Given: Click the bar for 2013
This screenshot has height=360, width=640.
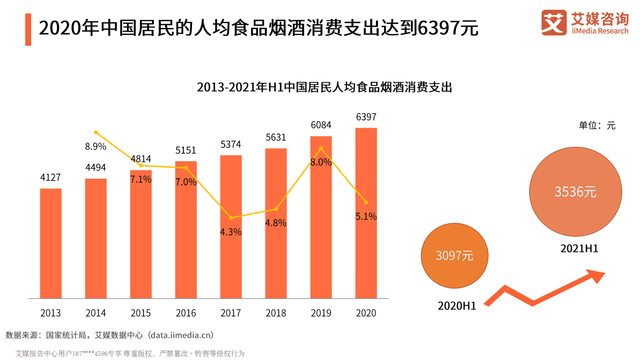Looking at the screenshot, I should point(51,243).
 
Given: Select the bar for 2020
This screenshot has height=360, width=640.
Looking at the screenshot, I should point(366,213).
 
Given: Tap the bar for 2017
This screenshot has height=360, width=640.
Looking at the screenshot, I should point(231,227).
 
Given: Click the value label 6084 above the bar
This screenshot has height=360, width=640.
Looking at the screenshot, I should point(321,125).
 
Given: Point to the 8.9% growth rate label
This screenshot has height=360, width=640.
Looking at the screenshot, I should point(95,146).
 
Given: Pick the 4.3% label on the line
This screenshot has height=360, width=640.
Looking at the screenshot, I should point(231,232).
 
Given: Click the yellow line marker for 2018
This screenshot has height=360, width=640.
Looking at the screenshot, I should point(276,209).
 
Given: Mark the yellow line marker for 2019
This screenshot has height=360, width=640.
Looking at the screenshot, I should point(321,149).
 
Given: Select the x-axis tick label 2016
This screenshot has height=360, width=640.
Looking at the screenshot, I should point(186,313).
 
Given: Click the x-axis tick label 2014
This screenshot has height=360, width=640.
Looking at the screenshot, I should point(96,313).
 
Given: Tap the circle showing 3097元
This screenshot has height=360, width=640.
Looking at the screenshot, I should point(454,256).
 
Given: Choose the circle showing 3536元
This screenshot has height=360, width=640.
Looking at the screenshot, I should point(575,192).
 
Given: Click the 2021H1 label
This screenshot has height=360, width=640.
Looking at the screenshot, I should point(579,249).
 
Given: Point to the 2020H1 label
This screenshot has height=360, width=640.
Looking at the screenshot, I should point(457,306).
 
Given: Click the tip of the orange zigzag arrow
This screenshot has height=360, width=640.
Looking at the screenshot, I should point(603,274).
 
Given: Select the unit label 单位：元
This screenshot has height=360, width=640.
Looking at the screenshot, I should point(596,125).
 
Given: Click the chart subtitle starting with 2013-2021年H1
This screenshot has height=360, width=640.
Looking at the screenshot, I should point(324,87).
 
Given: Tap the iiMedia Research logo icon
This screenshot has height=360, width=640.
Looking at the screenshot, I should point(554,23).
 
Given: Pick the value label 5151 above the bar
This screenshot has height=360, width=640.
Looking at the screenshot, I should point(186,150).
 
